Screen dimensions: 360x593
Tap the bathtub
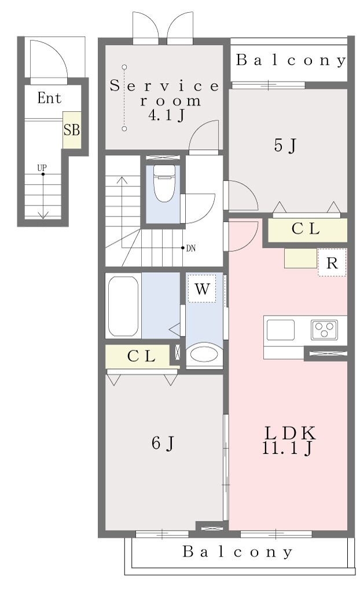pyautogui.click(x=123, y=306)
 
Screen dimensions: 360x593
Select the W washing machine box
pyautogui.click(x=203, y=288)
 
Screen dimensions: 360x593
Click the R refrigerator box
pyautogui.click(x=332, y=262)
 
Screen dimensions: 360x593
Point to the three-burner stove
pyautogui.click(x=325, y=330)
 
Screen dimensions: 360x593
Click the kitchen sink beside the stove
pyautogui.click(x=281, y=330)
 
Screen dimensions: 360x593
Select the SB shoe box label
pyautogui.click(x=71, y=130)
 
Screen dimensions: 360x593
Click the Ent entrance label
pyautogui.click(x=49, y=98)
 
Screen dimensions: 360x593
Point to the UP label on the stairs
pyautogui.click(x=42, y=167)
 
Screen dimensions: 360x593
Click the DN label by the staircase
pyautogui.click(x=191, y=248)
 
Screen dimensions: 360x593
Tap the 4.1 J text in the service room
pyautogui.click(x=166, y=115)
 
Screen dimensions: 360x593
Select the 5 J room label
pyautogui.click(x=284, y=145)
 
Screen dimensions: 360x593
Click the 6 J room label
pyautogui.click(x=163, y=443)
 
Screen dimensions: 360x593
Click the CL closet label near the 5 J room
pyautogui.click(x=306, y=229)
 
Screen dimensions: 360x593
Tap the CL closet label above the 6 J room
pyautogui.click(x=141, y=356)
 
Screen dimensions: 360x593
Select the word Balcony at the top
pyautogui.click(x=291, y=60)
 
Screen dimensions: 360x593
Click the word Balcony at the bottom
pyautogui.click(x=237, y=552)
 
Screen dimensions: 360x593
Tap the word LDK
pyautogui.click(x=289, y=433)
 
